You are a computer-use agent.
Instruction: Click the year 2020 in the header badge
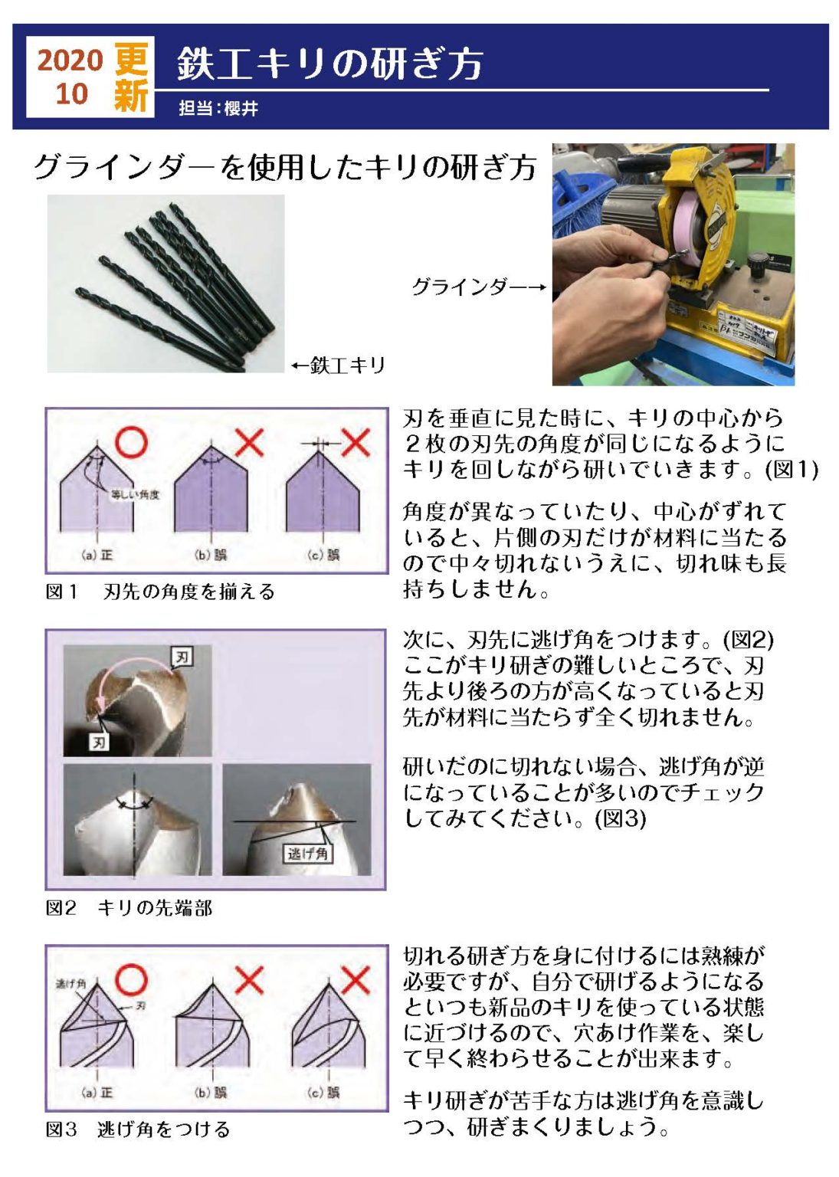click(x=70, y=61)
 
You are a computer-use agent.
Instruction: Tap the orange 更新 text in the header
click(x=131, y=77)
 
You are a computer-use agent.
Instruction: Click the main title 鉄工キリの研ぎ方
click(x=330, y=64)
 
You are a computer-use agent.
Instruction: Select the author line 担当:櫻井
click(x=218, y=108)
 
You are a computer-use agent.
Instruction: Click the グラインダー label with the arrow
click(x=479, y=287)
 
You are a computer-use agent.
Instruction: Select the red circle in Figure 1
click(x=131, y=442)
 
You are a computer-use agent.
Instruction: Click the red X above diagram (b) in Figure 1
click(x=249, y=442)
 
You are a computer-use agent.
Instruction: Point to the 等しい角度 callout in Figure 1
click(x=135, y=494)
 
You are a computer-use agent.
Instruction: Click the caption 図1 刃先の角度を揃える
click(x=160, y=592)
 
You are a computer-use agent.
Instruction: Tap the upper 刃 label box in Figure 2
click(x=182, y=657)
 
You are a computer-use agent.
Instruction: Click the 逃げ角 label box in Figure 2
click(x=307, y=854)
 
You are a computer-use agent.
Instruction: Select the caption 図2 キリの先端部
click(x=129, y=908)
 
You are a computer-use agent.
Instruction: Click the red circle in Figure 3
click(x=131, y=979)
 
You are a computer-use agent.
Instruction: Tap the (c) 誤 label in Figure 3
click(x=323, y=1093)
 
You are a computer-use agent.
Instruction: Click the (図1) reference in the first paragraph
click(x=791, y=469)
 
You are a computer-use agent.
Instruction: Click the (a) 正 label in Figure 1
click(x=97, y=555)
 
